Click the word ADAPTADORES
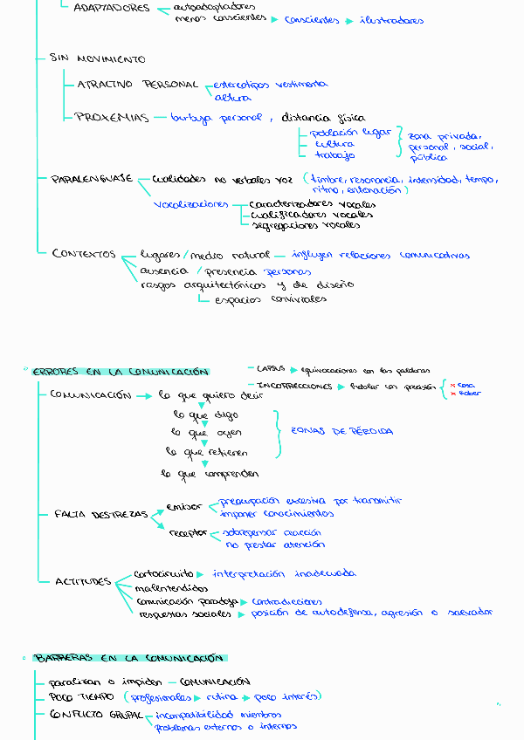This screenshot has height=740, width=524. coord(110,9)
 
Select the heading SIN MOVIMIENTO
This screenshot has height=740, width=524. coord(98,59)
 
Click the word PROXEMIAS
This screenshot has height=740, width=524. coord(112,118)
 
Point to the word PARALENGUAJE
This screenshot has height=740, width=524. coord(92,178)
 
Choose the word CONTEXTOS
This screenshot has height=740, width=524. coord(84,254)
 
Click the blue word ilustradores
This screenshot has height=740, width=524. coord(391,20)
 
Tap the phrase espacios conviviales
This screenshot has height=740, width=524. coord(270,298)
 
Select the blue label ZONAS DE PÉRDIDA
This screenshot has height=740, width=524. coord(341,431)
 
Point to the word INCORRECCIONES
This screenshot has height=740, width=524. coord(294,386)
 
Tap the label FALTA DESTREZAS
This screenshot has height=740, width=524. coord(100,515)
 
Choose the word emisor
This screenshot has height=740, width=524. coord(184,506)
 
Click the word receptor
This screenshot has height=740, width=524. coord(189,531)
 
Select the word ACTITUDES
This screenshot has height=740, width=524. coord(83,581)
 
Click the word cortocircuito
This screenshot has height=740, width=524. coord(164,574)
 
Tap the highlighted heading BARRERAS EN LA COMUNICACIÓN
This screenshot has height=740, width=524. coord(129,658)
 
